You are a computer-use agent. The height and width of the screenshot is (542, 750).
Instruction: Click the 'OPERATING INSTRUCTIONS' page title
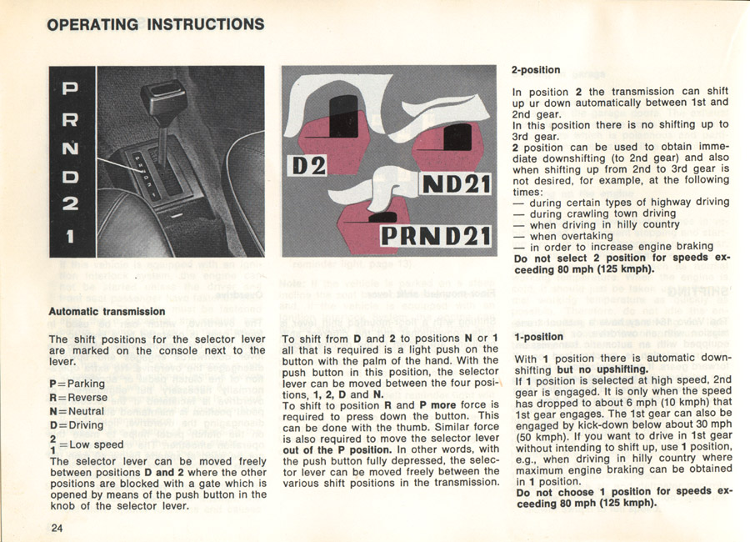point(156,24)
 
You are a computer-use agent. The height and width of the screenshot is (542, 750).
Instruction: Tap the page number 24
point(57,528)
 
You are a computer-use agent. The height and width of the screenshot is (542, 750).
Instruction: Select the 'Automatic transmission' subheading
point(107,312)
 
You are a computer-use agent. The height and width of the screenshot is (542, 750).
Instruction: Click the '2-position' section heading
point(535,70)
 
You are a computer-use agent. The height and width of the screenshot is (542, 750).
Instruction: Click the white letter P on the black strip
point(71,88)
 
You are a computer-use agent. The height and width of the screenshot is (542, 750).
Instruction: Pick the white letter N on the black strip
point(71,148)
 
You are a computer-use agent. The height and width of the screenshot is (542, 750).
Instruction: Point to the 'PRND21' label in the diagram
point(435,237)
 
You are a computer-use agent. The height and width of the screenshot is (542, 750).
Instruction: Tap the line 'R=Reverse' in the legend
point(78,398)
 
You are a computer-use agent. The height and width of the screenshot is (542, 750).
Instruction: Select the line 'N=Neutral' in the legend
point(77,412)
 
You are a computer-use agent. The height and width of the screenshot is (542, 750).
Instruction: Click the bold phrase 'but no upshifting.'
point(602,370)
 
